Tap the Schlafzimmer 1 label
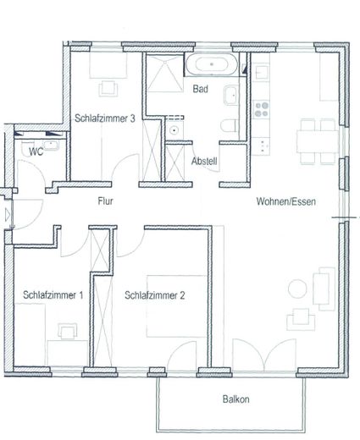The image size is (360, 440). (53, 295)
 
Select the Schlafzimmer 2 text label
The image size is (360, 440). (155, 295)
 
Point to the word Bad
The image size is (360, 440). (201, 89)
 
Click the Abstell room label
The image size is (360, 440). (205, 161)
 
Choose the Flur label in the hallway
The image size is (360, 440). (106, 201)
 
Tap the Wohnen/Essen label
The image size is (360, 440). (283, 201)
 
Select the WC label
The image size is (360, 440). (36, 151)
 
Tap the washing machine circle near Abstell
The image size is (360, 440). (174, 131)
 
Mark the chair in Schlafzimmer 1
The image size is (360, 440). (64, 330)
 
